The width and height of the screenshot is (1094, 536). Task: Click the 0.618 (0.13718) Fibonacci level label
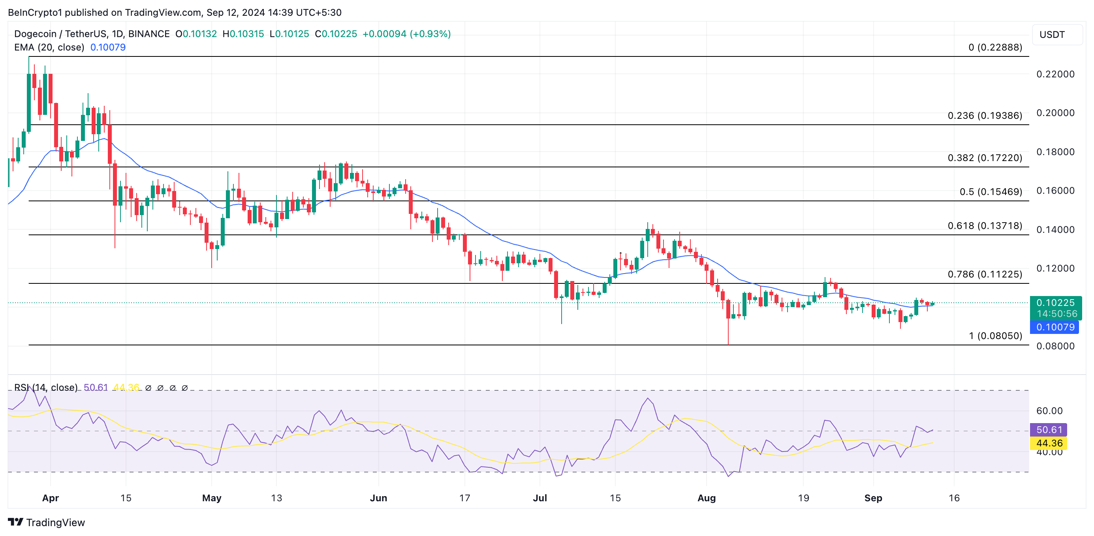985,226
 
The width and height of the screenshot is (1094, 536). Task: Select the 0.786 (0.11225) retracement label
985,275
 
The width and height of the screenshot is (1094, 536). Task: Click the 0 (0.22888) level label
994,47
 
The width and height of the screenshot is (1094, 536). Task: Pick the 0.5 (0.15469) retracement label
991,192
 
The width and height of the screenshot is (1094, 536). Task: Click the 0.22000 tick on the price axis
1055,74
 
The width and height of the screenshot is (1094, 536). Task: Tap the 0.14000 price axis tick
1055,230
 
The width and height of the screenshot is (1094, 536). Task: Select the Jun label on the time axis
378,498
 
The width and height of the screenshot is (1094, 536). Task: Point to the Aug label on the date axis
706,498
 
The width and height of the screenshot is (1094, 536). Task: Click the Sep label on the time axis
873,498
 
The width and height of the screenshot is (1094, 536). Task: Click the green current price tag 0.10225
1055,303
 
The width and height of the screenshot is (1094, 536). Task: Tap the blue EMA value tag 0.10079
1055,327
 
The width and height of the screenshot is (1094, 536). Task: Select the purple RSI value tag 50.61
1049,430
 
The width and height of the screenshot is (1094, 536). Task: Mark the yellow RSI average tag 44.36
1049,444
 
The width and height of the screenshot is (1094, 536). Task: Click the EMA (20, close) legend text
49,47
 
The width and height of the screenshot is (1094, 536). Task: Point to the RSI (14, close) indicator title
46,388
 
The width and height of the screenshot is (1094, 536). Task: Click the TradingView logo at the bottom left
47,523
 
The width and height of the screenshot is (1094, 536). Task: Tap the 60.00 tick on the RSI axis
1049,411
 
